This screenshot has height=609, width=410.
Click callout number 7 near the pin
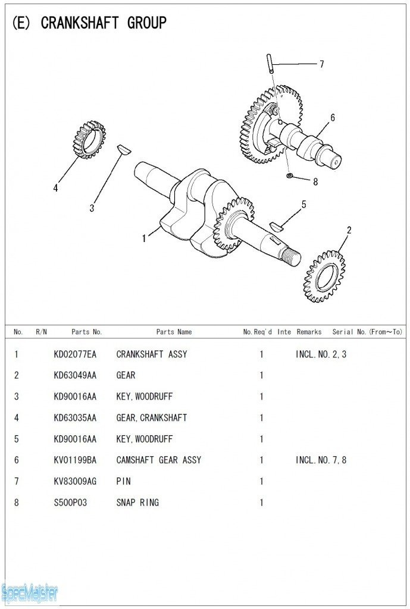point(321,64)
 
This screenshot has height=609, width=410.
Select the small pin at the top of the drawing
point(270,64)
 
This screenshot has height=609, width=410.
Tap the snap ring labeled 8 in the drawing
point(289,175)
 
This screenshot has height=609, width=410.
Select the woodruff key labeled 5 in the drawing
point(276,225)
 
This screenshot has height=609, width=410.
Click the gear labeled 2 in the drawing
point(325,277)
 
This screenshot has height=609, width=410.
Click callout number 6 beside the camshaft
point(333,118)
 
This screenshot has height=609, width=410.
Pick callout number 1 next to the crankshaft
point(144,238)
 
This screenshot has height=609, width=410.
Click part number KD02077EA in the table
point(74,354)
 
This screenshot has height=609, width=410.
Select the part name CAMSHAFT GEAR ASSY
point(158,460)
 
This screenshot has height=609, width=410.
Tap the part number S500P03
point(70,503)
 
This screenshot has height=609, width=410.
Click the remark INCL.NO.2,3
point(321,354)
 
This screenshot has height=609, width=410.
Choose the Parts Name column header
point(174,332)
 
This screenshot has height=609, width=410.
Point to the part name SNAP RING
point(137,503)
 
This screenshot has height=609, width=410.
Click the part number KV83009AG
point(74,481)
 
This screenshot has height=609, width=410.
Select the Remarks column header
point(309,332)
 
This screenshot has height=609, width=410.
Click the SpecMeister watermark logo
point(29,592)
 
